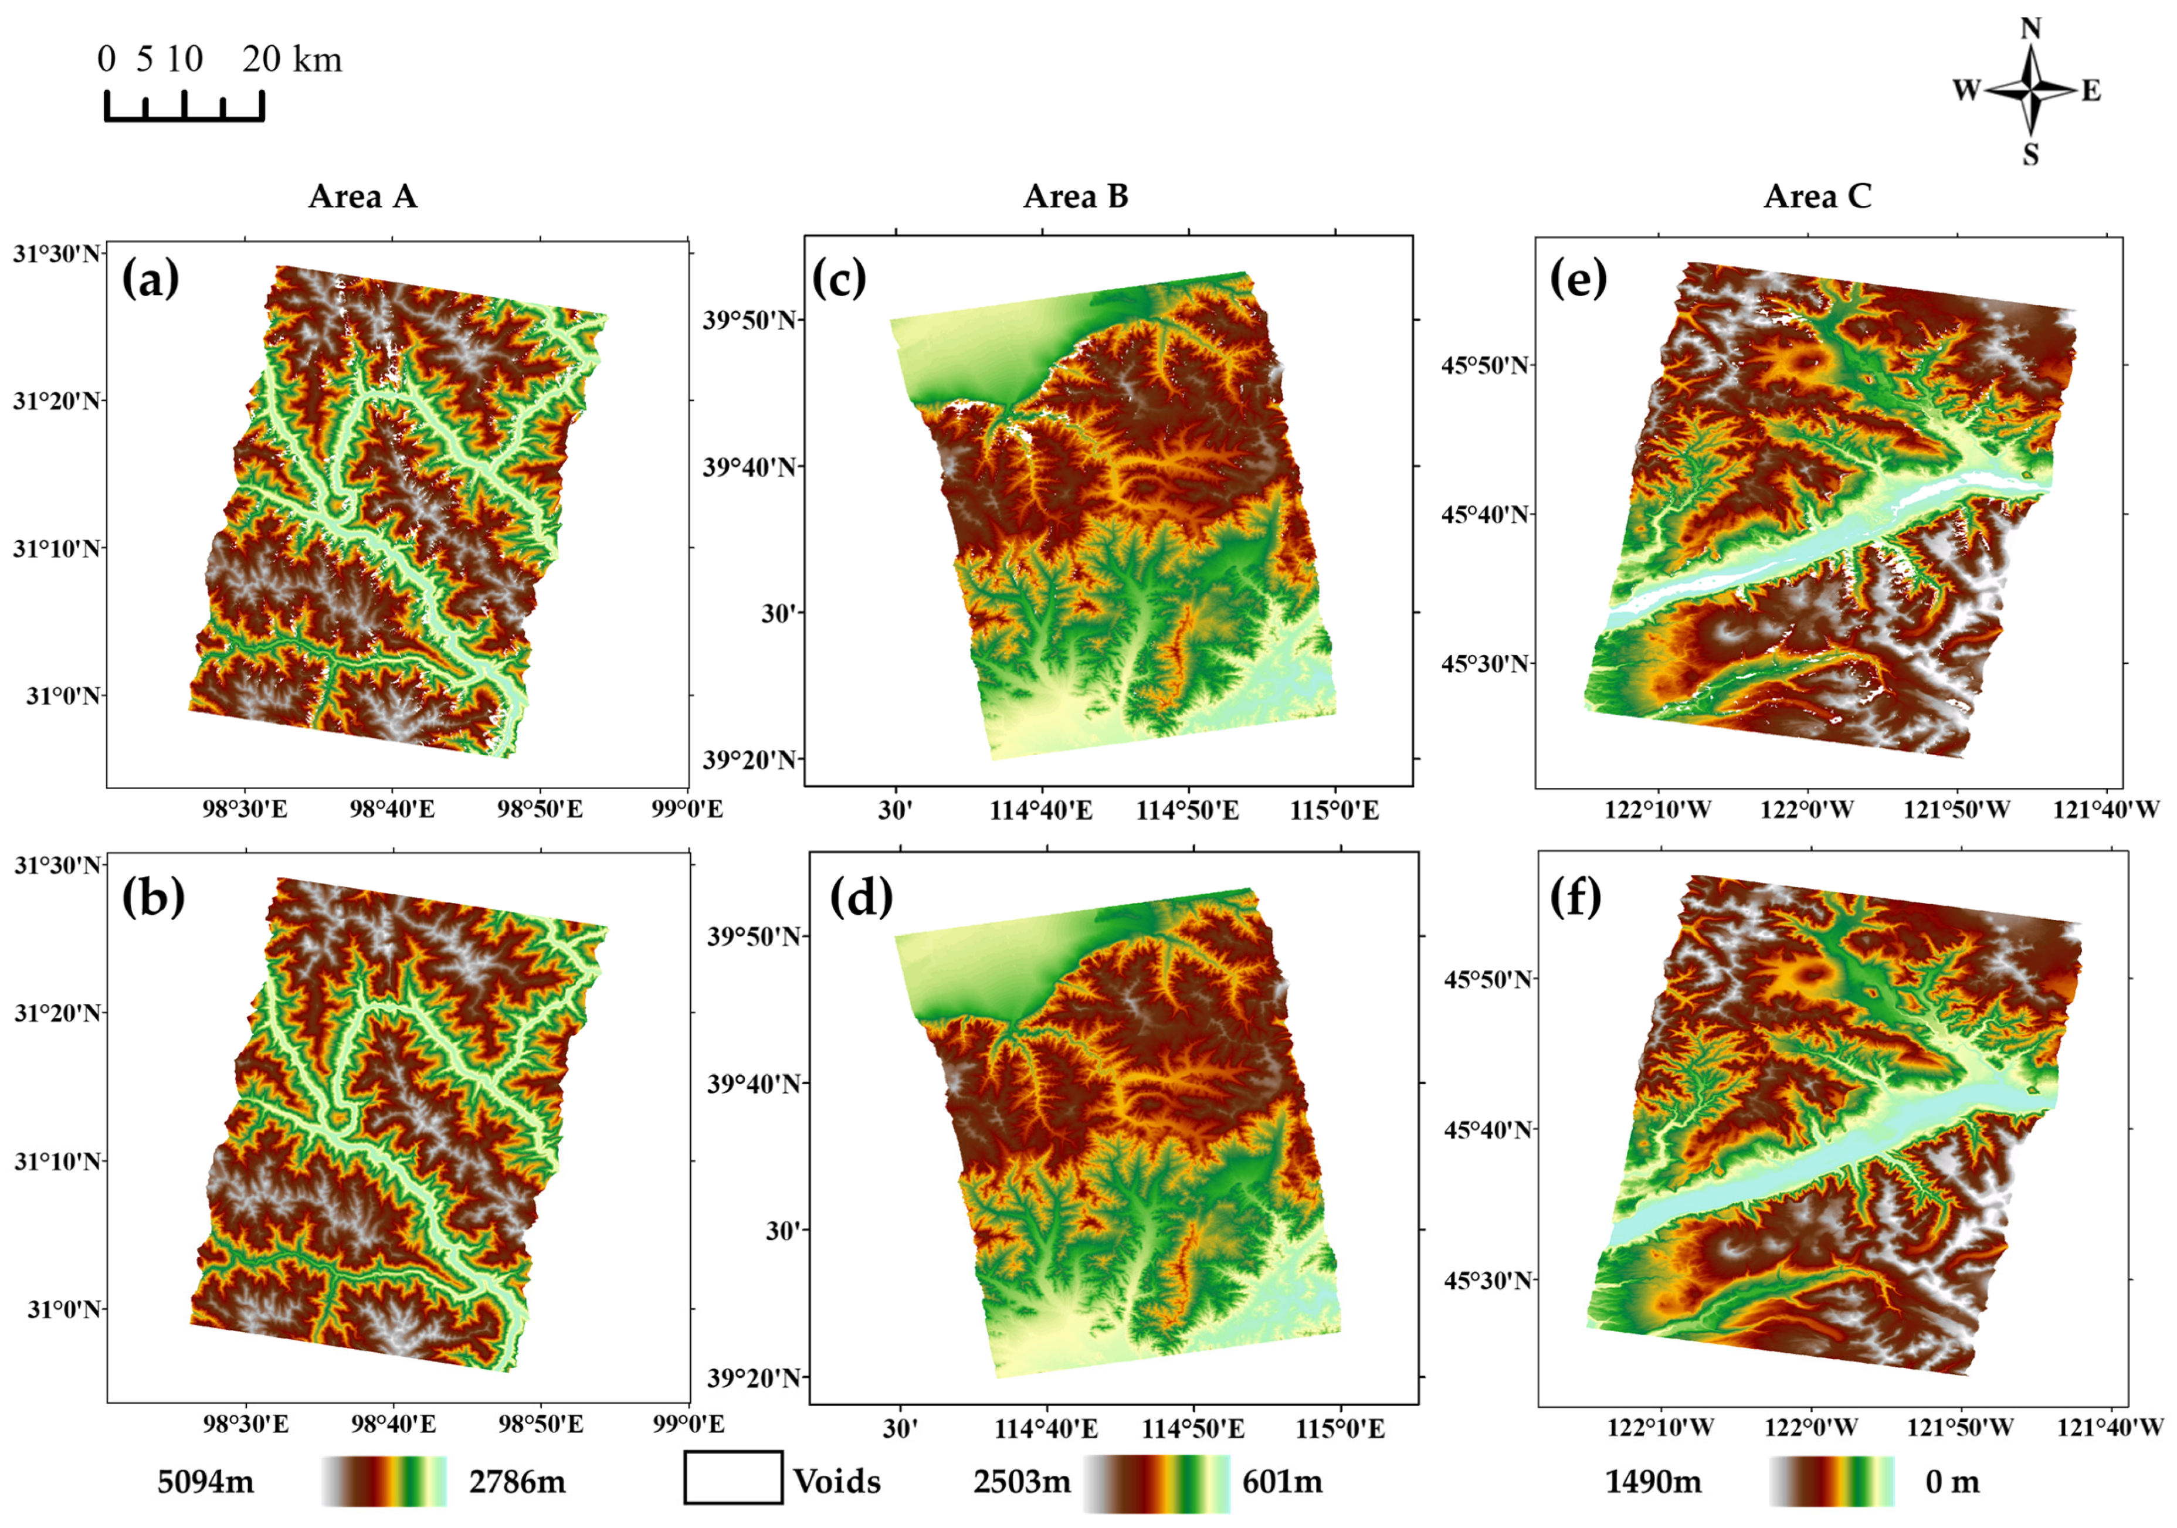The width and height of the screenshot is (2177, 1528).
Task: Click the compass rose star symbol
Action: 2030,91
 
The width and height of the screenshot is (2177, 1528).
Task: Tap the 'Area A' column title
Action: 362,196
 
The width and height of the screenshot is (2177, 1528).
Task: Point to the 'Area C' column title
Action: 1817,196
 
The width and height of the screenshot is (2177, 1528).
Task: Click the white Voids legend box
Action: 733,1478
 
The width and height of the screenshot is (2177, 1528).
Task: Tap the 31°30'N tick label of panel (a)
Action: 55,254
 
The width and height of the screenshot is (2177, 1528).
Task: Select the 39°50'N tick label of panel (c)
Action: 749,320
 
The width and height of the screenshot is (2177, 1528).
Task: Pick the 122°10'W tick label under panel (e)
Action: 1657,810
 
